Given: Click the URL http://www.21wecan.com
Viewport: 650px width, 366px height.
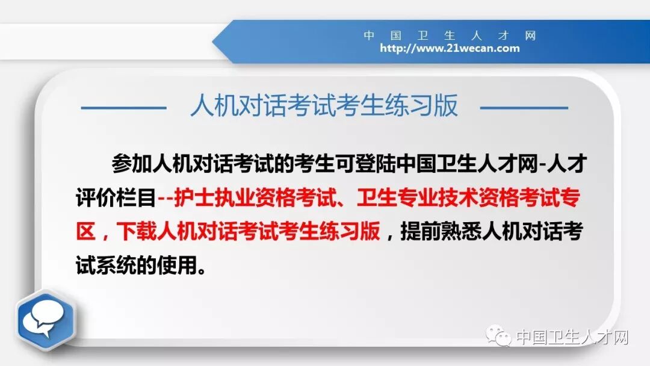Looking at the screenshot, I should [449, 48].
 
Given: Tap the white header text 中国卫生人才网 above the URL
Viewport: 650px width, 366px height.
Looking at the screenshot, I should [449, 36].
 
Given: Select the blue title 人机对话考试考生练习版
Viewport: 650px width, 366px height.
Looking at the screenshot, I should [324, 106].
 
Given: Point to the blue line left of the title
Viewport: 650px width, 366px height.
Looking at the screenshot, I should [123, 108].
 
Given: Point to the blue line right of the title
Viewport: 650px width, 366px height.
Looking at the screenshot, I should [524, 108].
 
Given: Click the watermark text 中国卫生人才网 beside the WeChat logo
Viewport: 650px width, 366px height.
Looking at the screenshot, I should [572, 337].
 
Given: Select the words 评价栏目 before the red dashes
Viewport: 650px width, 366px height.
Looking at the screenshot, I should [116, 198].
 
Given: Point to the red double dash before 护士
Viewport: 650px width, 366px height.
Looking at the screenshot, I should [164, 198].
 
